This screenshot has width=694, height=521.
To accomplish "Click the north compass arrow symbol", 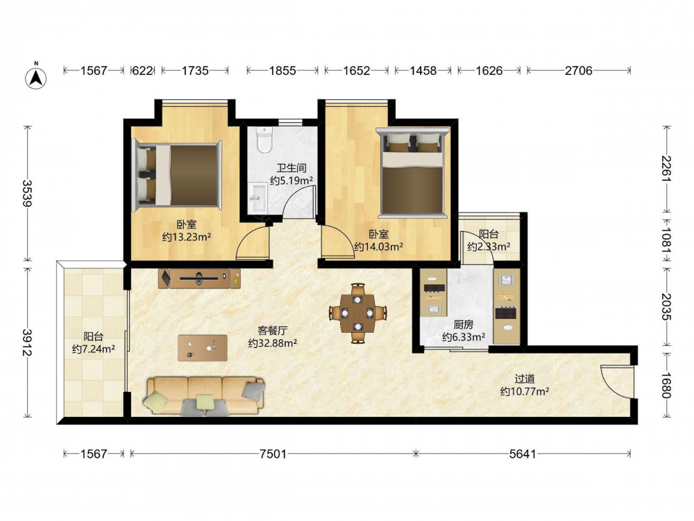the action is tap(36, 78).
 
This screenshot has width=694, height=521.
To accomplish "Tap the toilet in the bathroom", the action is tap(264, 140).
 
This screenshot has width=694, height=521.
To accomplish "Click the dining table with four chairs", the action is tap(357, 313).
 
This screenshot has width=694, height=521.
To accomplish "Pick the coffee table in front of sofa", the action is tap(203, 348).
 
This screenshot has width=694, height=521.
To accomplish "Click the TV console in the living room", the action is tap(200, 279).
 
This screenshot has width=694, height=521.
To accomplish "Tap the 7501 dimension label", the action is tap(273, 454).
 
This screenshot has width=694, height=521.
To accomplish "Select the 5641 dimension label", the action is tap(523, 454).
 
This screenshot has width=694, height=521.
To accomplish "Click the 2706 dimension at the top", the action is tap(579, 70).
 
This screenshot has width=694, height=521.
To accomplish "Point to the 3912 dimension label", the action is tap(28, 342).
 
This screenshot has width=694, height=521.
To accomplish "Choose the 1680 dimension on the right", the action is tap(666, 386).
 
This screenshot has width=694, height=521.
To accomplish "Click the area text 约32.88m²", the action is tap(273, 343).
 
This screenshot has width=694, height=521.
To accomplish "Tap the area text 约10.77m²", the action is tap(525, 392).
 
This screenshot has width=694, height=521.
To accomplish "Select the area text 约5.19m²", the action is tap(291, 181).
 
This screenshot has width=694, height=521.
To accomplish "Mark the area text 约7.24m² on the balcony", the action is tap(94, 349).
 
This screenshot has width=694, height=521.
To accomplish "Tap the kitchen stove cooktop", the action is tap(506, 313).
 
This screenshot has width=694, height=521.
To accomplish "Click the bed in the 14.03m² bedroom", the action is tap(412, 173).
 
